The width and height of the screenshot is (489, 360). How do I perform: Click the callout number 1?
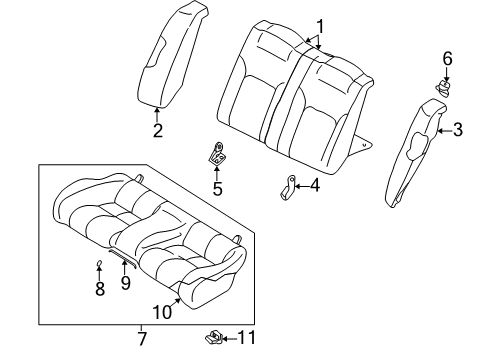(320, 27)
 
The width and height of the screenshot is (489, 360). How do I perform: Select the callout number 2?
(157, 130)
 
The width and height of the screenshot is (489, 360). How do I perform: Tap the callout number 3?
(457, 129)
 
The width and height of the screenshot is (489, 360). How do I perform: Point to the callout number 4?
(314, 184)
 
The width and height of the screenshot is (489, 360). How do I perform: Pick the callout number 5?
(217, 186)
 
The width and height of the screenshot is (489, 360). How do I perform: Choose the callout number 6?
(447, 59)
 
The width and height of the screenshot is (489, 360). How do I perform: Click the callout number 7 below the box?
(142, 340)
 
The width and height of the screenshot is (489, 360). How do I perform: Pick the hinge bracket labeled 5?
(215, 153)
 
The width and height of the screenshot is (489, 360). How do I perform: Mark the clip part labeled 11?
(214, 336)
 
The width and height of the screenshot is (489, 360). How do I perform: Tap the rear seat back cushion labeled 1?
(290, 95)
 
